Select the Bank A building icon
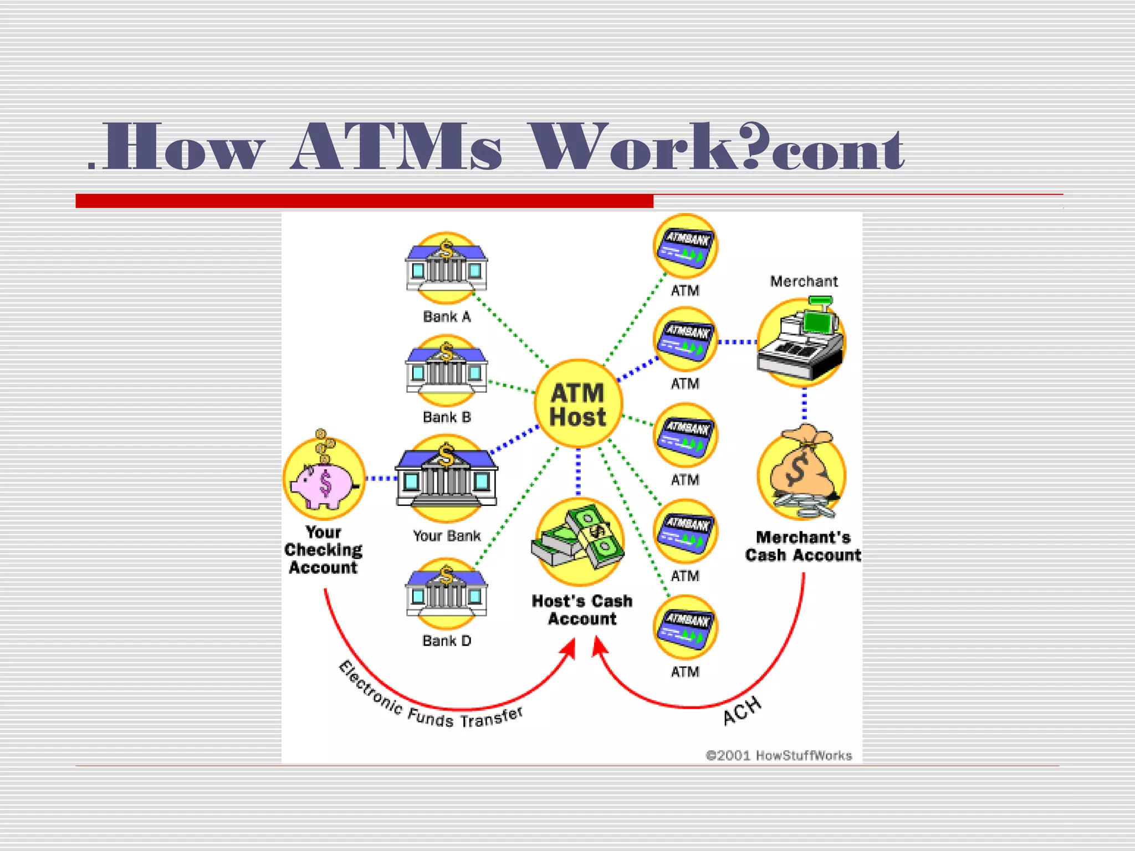tap(446, 268)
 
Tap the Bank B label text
tap(447, 417)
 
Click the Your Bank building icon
tap(446, 478)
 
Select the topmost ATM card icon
tap(686, 246)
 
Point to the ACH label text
tap(742, 711)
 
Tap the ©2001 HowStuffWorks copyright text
tap(779, 755)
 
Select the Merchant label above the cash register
tap(804, 281)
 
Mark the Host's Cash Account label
tap(582, 609)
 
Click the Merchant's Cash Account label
tap(803, 546)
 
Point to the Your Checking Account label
tap(324, 550)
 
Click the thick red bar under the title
tap(364, 201)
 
